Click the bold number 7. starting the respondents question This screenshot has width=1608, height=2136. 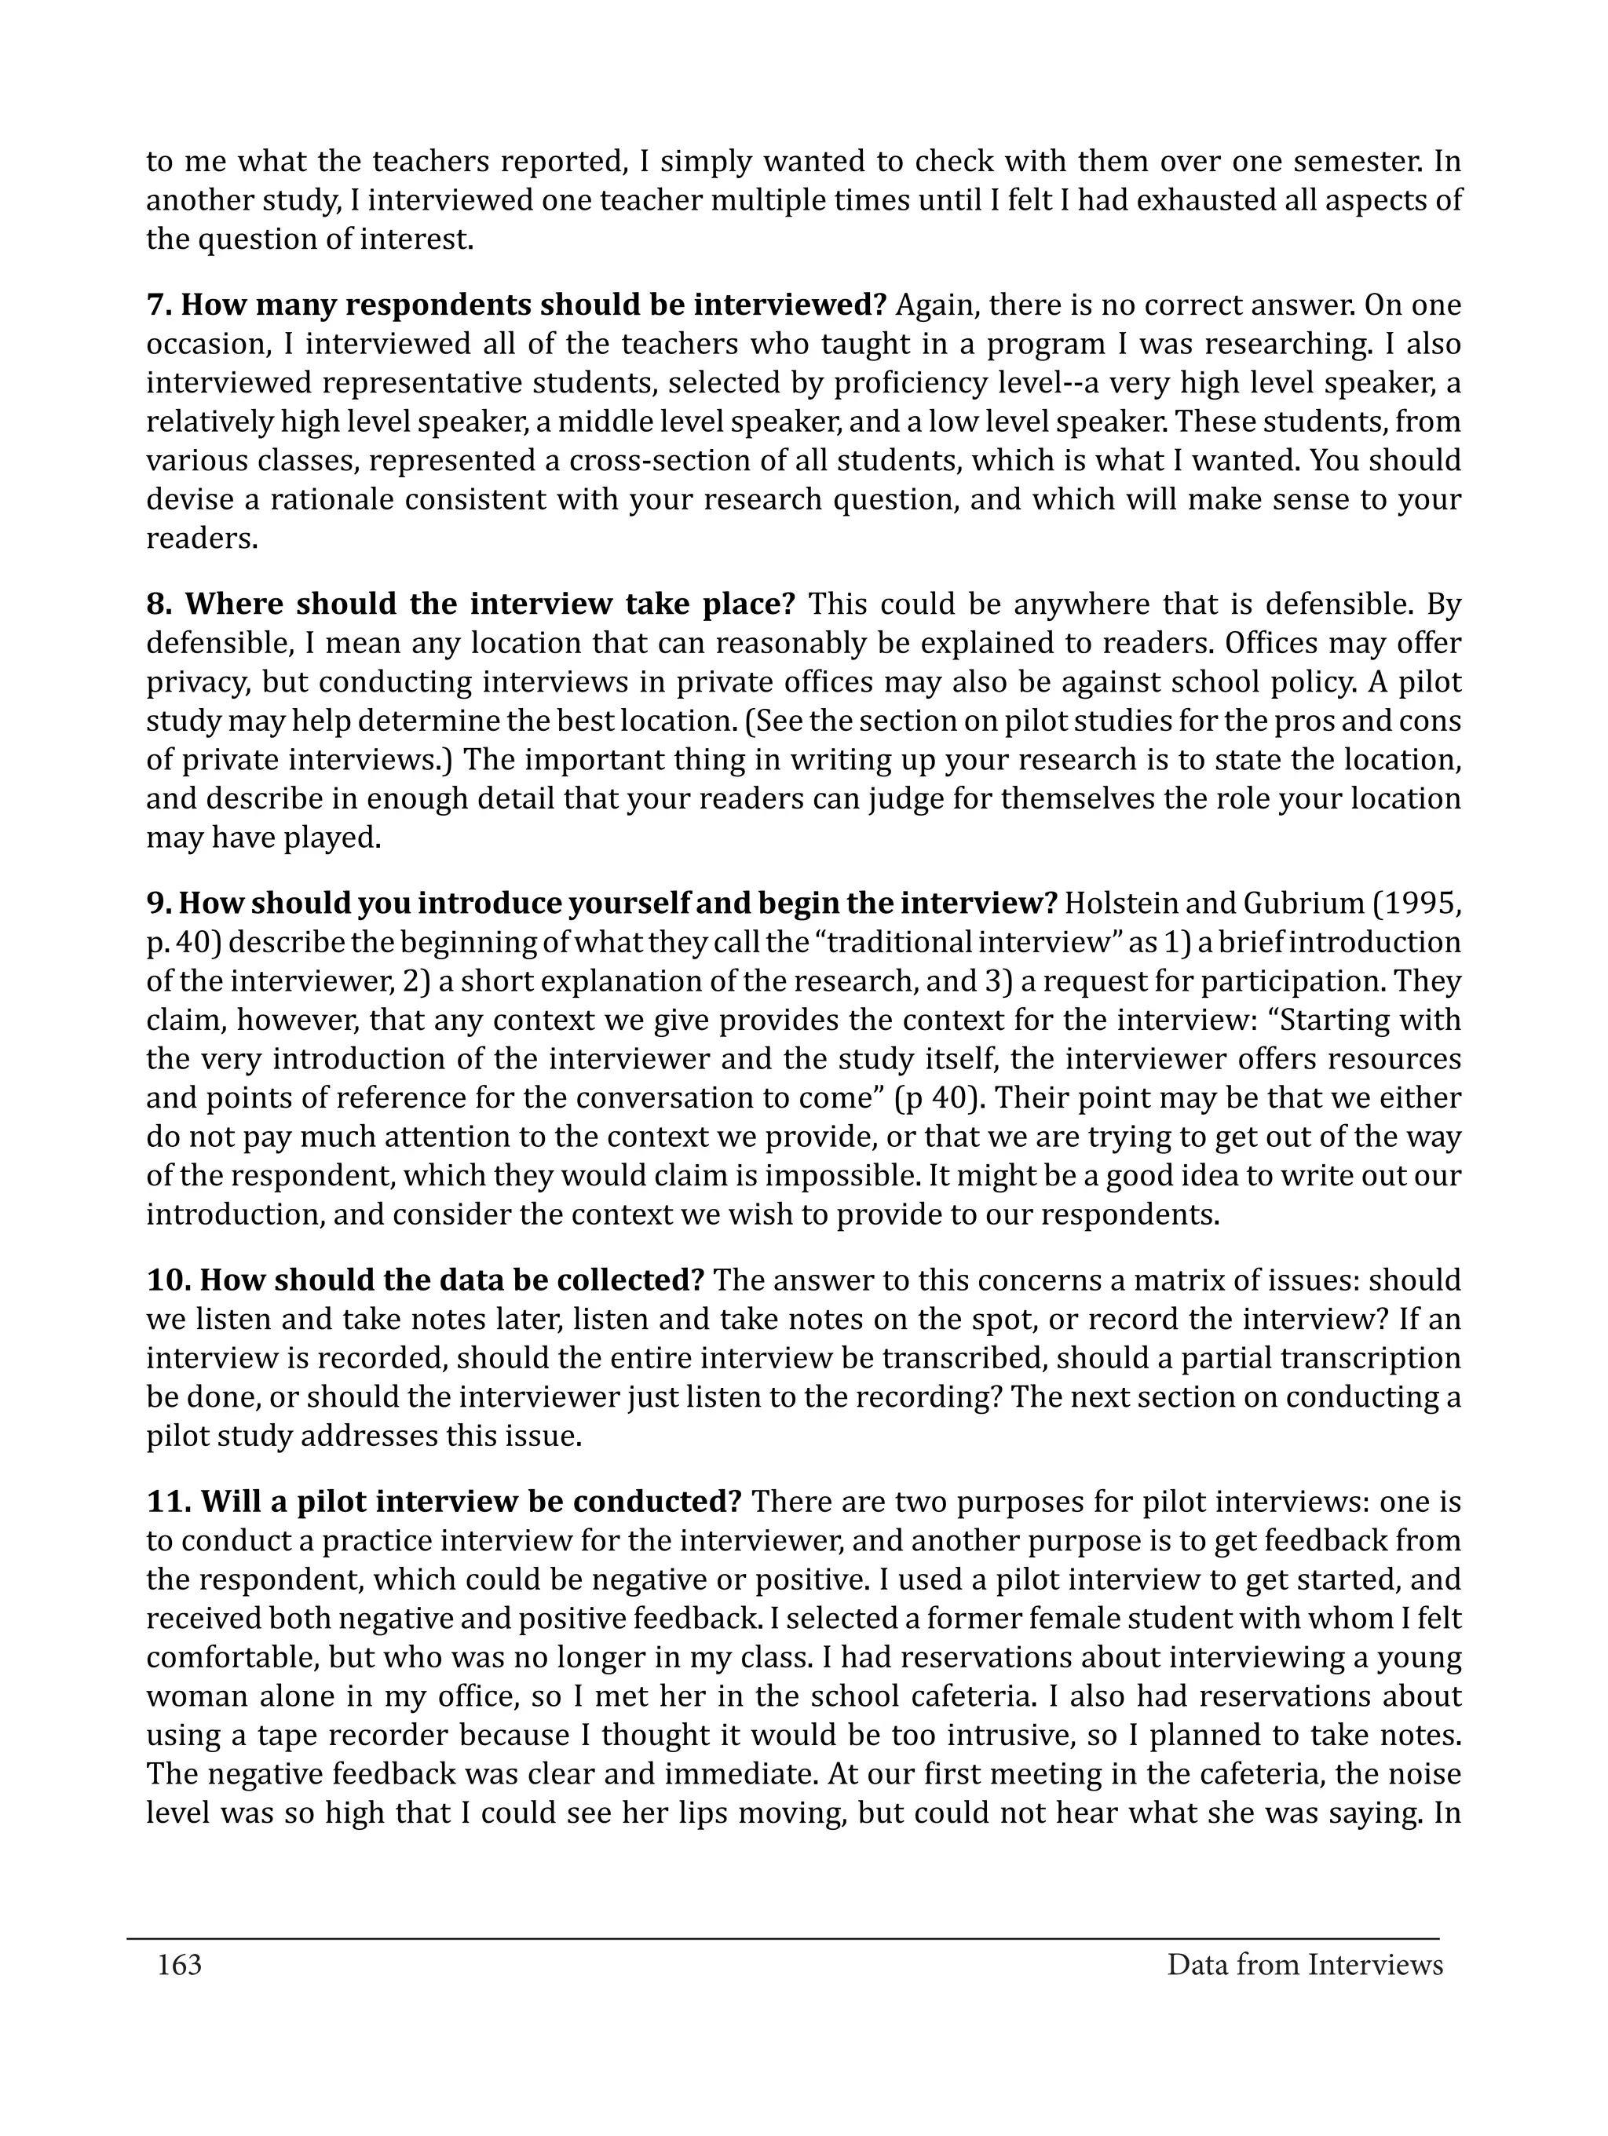159,305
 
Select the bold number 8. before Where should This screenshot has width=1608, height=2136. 160,604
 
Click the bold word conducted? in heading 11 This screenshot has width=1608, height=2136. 656,1503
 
